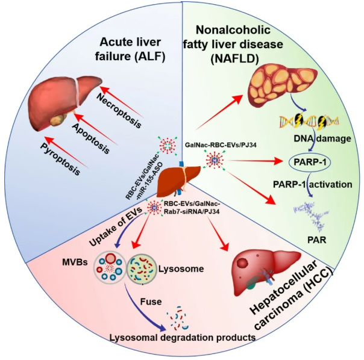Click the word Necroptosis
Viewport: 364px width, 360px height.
pos(119,110)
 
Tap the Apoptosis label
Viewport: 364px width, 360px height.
pos(91,138)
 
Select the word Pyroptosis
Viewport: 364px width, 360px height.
pos(60,159)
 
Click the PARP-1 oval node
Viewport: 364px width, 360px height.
pos(310,163)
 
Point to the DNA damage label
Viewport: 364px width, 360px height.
pos(322,138)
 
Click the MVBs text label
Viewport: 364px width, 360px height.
pos(75,262)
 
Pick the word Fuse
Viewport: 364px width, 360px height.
pos(151,302)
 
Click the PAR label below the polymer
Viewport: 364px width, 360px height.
pos(316,240)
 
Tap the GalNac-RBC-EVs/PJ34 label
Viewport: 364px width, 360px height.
pos(221,145)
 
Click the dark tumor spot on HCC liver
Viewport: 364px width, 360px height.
pos(242,264)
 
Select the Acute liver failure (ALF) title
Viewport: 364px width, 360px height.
pos(130,49)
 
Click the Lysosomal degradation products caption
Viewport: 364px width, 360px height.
pos(183,338)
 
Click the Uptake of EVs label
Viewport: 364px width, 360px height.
pos(115,226)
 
